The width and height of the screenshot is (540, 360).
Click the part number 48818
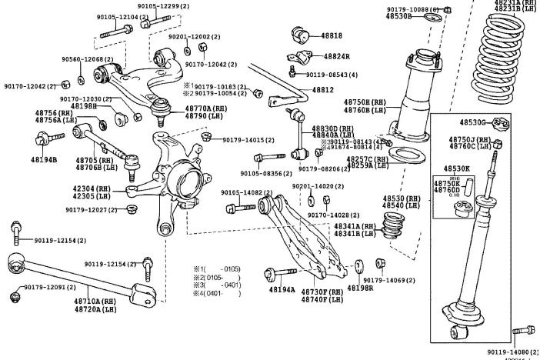click(332, 36)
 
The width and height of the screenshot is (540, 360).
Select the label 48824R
click(336, 56)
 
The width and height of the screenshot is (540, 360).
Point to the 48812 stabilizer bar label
click(322, 90)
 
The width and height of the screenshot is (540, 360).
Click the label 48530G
click(473, 122)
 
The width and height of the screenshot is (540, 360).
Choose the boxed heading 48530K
click(456, 168)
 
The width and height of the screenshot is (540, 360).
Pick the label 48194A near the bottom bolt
click(282, 289)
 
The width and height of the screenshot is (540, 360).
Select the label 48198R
click(360, 288)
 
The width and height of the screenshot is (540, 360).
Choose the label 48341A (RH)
click(355, 226)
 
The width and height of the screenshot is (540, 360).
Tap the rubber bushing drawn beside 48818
click(302, 36)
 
